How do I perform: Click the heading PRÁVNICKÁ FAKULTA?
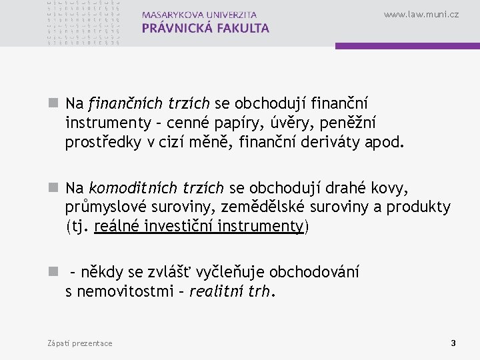point(205,29)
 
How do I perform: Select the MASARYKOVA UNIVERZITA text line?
point(199,15)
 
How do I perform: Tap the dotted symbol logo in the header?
point(84,23)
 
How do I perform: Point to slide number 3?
point(453,343)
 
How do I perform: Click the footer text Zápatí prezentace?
point(80,343)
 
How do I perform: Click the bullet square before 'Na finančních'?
point(55,104)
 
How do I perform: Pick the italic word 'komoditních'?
point(126,189)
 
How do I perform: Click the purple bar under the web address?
point(407,46)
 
